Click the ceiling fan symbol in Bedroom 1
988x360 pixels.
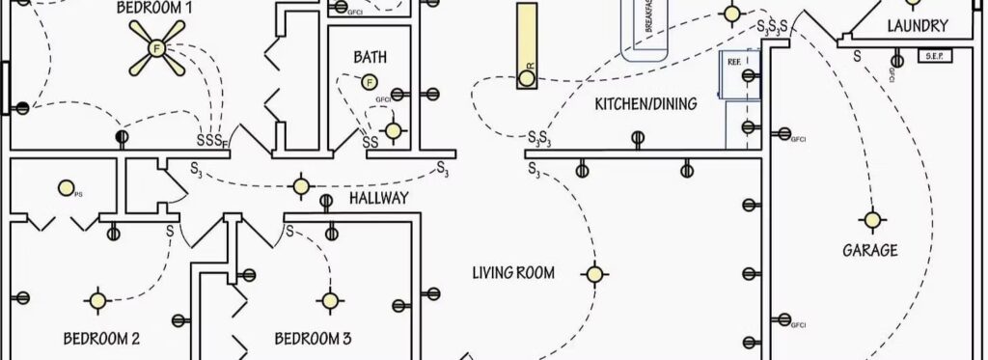click(x=157, y=47)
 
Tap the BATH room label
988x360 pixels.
click(x=370, y=58)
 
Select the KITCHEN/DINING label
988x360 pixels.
click(x=645, y=103)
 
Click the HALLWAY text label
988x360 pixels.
click(x=378, y=198)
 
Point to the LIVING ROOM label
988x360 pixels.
click(x=513, y=273)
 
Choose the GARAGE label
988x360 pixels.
click(x=870, y=250)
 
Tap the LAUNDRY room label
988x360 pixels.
click(x=917, y=26)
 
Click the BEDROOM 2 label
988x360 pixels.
click(x=102, y=339)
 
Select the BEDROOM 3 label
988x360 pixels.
click(x=313, y=339)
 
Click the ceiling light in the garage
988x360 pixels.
click(x=872, y=220)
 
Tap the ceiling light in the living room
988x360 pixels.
click(x=595, y=274)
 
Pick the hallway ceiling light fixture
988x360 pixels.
click(x=302, y=185)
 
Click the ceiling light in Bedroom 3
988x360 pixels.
click(x=330, y=300)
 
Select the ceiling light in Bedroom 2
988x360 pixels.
click(x=97, y=300)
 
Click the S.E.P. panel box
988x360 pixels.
click(x=933, y=56)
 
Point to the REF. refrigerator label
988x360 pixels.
click(x=733, y=60)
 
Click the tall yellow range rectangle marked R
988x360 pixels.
click(x=527, y=45)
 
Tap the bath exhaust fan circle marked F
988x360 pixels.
click(x=369, y=83)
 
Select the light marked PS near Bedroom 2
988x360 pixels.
click(x=66, y=187)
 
